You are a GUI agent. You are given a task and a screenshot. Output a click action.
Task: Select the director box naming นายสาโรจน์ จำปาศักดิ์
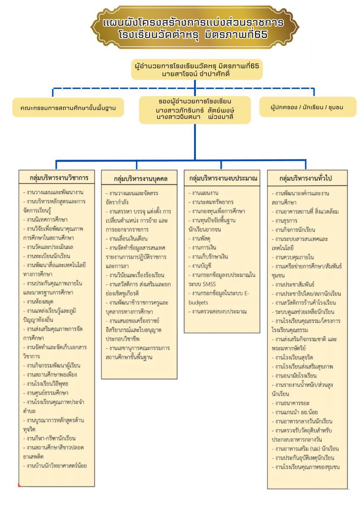[x=197, y=70]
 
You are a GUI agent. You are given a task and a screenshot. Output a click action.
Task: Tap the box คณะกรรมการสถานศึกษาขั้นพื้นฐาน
[x=68, y=108]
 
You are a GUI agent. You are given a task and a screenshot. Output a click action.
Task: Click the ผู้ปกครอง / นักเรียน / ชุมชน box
[x=307, y=107]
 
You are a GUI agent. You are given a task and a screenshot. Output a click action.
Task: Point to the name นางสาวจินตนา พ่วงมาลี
[x=195, y=116]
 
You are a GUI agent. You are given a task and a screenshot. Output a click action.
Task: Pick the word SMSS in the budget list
[x=208, y=284]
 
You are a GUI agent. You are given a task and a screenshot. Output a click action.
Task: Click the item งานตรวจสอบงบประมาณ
[x=219, y=311]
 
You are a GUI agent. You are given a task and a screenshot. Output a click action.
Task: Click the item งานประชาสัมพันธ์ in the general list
[x=296, y=284]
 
